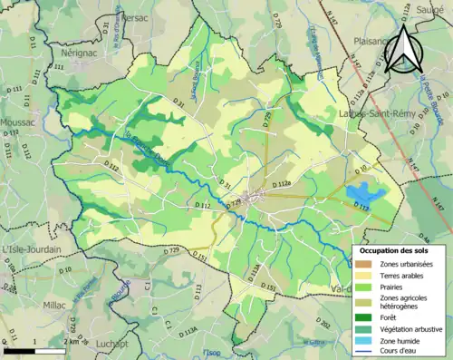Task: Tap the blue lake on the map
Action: tap(362, 193)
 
